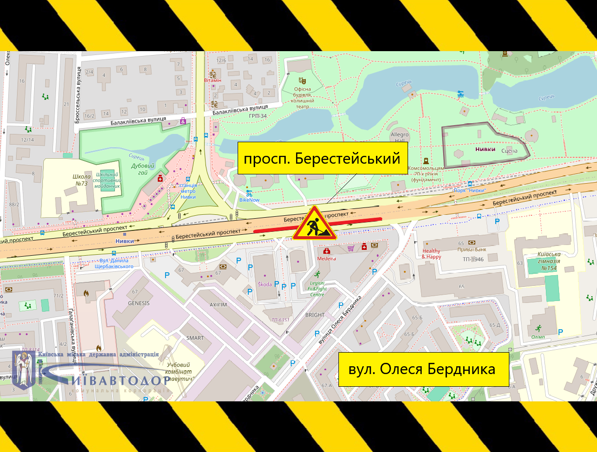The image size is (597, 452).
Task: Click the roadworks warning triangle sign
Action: pos(314,224)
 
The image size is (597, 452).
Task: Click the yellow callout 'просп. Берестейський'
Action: pos(322,158)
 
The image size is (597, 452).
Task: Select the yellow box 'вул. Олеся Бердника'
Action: pos(423,369)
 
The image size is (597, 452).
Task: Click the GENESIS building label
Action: pos(139,303)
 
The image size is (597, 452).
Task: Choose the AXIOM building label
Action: pos(218,305)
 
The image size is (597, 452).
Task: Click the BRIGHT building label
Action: pos(315,315)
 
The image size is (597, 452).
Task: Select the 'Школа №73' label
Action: pos(81,180)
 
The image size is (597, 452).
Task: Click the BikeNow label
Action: pos(249,200)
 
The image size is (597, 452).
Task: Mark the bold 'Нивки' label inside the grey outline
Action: pos(485,150)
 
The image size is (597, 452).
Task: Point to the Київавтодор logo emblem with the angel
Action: pos(23,369)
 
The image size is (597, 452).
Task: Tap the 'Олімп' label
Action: pos(538,337)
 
